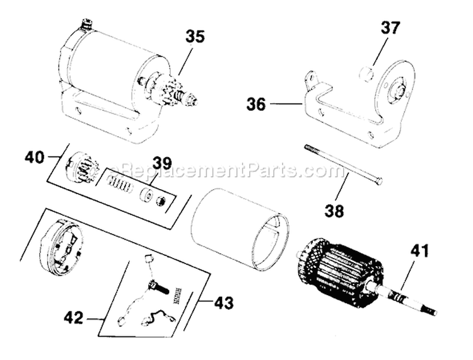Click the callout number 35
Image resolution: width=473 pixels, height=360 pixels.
195,37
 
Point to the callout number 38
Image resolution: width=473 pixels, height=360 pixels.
335,211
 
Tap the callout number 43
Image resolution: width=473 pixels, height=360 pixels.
223,303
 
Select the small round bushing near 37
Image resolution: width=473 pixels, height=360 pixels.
365,76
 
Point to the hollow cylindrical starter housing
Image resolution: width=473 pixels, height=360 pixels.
240,227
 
